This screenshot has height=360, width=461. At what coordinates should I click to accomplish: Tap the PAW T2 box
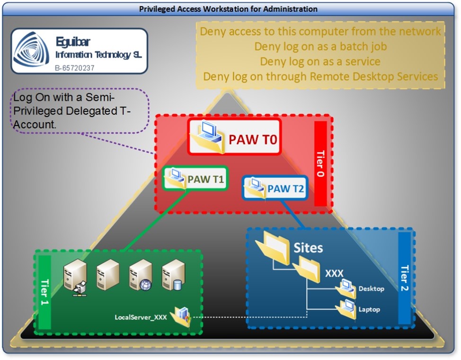pos(275,188)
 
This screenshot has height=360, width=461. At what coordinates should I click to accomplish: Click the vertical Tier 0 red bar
pos(320,163)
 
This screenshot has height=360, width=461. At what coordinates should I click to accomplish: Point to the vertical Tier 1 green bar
pos(44,292)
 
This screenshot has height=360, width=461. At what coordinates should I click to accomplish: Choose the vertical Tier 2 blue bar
pos(405,279)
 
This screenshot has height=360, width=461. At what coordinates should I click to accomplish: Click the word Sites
pos(308,248)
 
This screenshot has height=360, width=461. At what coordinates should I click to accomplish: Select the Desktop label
pos(371,288)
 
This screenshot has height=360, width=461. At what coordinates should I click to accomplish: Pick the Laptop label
pos(369,309)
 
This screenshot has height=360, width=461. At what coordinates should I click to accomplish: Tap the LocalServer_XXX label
pos(141,317)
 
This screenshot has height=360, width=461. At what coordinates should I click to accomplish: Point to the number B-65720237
pos(75,68)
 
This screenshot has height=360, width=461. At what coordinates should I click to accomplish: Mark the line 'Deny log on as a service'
pos(320,62)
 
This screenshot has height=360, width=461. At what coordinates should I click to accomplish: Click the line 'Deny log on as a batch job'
pos(320,46)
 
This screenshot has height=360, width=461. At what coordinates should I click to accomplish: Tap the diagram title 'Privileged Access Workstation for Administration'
pos(228,9)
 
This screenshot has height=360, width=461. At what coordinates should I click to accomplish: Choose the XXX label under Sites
pos(334,273)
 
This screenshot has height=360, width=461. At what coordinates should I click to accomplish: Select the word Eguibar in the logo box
pos(72,41)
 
